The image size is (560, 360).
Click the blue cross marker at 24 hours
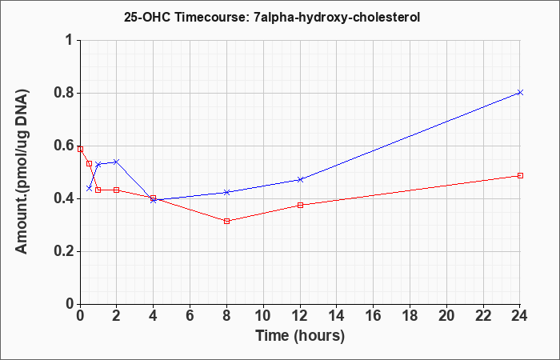point(520,93)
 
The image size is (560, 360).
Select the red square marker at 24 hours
point(520,176)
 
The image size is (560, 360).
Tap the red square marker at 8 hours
point(226,221)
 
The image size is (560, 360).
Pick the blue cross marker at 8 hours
point(226,192)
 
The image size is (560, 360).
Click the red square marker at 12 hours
point(300,205)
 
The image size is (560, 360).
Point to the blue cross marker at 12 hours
point(300,179)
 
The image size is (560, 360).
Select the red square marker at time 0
point(80,149)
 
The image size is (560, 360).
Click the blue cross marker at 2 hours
point(116,162)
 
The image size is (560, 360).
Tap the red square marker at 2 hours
point(116,190)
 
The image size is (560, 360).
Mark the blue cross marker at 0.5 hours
point(89,188)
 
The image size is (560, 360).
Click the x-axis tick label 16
point(374,316)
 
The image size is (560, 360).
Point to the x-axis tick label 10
point(263,316)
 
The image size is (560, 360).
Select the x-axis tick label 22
point(483,316)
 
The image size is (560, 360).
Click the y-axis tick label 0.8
point(63,94)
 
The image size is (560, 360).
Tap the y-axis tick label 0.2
point(63,251)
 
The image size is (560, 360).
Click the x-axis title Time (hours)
point(300,336)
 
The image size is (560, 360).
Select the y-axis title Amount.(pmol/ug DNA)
point(22,172)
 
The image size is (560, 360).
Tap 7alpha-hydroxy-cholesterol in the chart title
point(337,18)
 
